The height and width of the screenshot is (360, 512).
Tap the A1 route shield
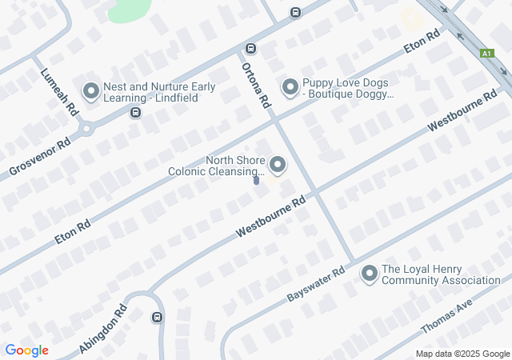[x=486, y=53]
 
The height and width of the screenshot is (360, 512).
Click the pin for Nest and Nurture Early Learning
[x=90, y=92]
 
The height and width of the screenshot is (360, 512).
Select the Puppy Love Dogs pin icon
[x=290, y=86]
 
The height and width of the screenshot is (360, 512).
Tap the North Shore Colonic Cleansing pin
[x=278, y=166]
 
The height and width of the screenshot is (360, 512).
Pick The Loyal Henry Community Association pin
[x=369, y=274]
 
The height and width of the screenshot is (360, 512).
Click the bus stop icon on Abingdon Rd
[x=156, y=317]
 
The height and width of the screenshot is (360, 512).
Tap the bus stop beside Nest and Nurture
[x=135, y=113]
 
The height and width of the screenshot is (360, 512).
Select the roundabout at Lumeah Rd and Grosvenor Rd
[x=86, y=128]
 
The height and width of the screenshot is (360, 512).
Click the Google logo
[x=26, y=350]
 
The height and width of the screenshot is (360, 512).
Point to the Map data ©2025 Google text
[x=462, y=354]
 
